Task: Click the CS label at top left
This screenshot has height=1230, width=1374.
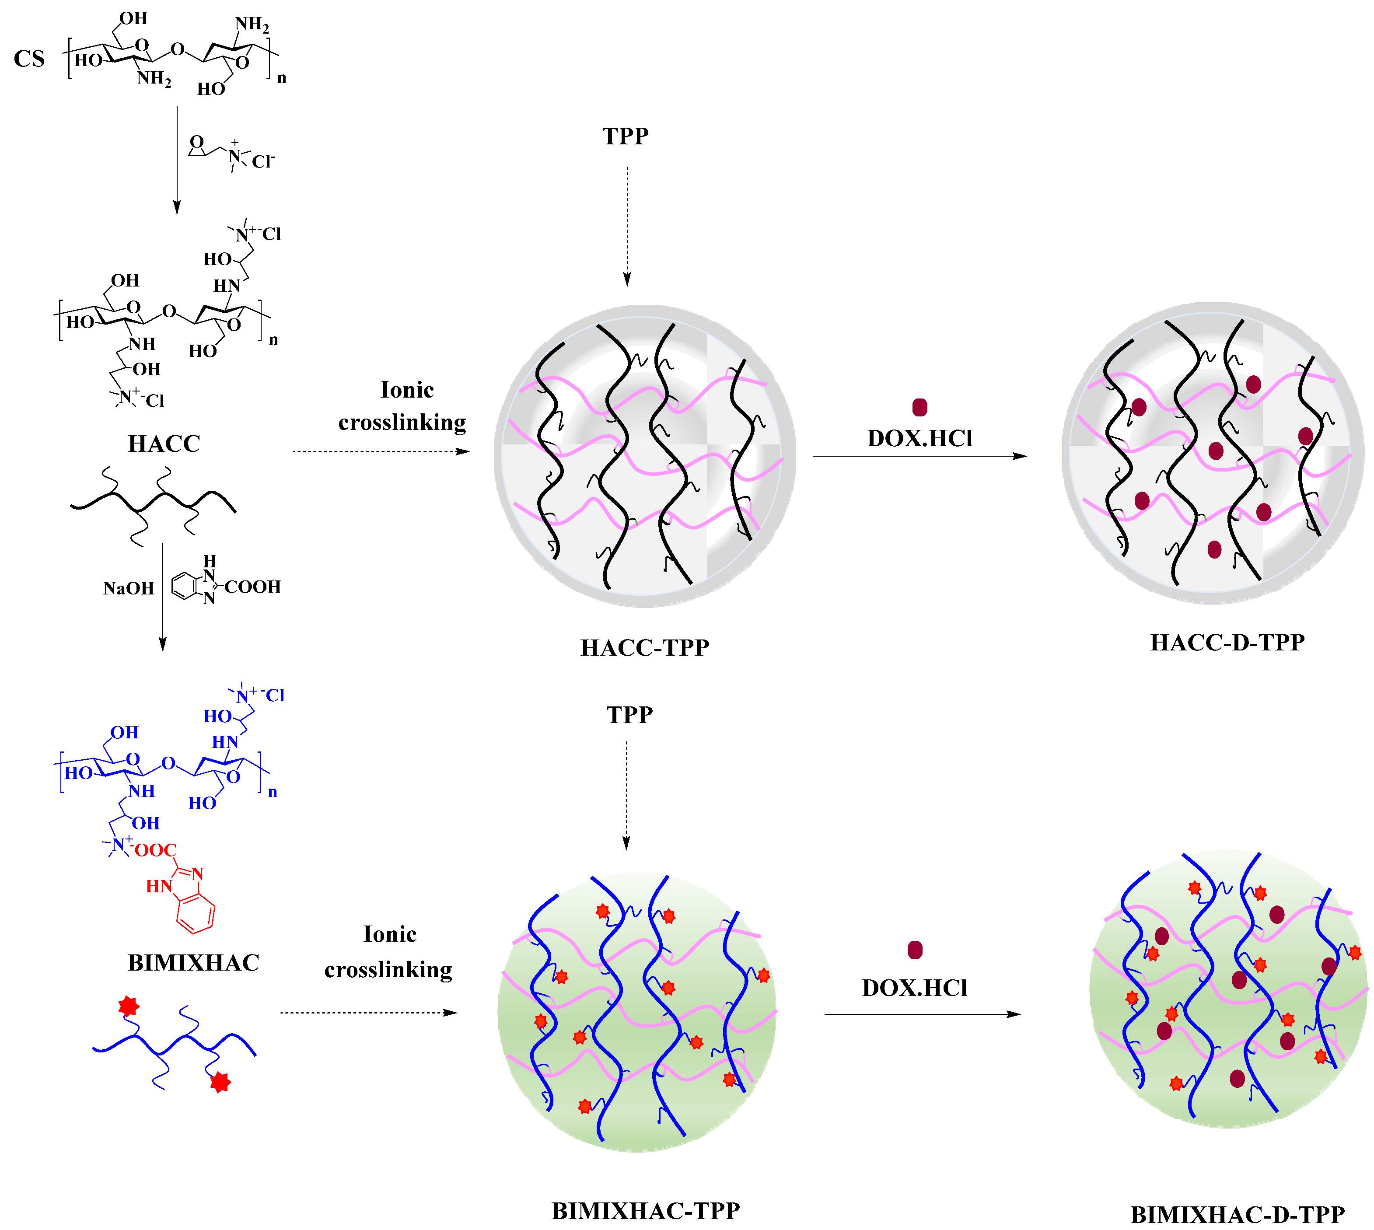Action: [x=29, y=59]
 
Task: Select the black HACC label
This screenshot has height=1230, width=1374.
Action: [x=164, y=444]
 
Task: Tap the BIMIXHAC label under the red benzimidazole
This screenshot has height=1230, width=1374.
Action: [x=193, y=962]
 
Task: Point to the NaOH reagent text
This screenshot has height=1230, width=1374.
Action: [x=129, y=589]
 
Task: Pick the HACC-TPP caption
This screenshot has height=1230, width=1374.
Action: [x=645, y=647]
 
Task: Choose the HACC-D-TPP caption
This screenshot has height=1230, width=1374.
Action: [x=1227, y=642]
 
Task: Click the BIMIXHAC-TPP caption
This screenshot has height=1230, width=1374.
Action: [x=645, y=1210]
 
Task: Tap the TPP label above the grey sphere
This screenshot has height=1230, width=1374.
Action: [x=625, y=136]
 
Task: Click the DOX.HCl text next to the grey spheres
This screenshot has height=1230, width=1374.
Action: [x=919, y=439]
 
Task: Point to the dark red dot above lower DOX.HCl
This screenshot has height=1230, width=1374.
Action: [x=914, y=950]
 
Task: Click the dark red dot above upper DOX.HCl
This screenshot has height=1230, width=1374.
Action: [x=919, y=407]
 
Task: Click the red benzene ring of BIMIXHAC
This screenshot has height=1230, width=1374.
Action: [x=196, y=914]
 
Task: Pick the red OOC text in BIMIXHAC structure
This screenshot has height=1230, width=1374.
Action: [x=155, y=850]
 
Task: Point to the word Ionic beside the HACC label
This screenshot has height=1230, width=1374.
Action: [x=407, y=390]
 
